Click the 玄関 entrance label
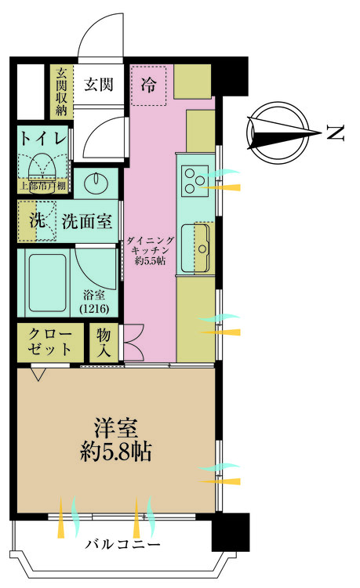(x=100, y=83)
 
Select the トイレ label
(x=43, y=138)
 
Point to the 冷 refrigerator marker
(x=149, y=84)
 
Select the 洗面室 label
(x=87, y=221)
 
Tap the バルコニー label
(x=122, y=545)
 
